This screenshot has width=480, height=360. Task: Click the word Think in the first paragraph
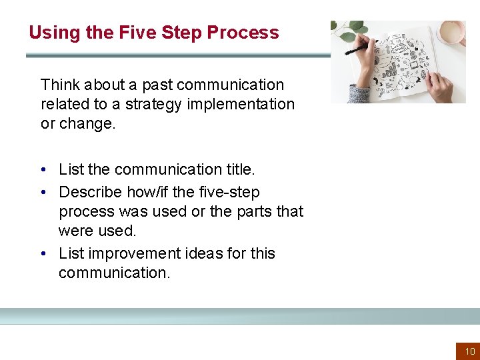click(59, 85)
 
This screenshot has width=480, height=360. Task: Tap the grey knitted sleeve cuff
click(360, 94)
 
